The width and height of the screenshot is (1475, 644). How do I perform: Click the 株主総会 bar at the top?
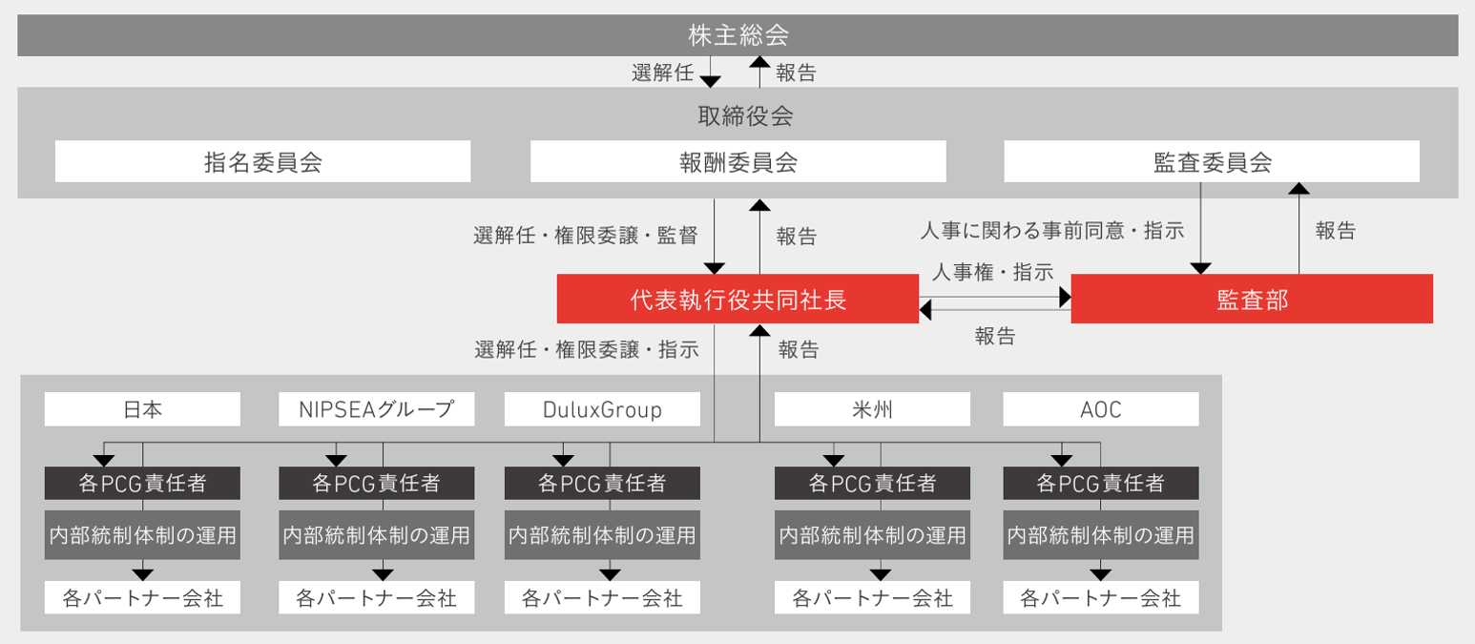click(x=737, y=35)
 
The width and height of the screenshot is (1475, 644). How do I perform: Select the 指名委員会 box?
click(x=262, y=161)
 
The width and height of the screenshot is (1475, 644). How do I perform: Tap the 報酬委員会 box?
click(x=738, y=161)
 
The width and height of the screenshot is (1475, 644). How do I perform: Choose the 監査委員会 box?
click(x=1212, y=161)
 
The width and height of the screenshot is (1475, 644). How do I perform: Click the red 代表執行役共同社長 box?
click(x=737, y=299)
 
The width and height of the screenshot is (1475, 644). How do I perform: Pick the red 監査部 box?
click(x=1252, y=299)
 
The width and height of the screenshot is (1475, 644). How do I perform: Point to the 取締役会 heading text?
click(x=745, y=115)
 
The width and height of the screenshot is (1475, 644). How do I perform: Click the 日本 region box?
click(x=142, y=409)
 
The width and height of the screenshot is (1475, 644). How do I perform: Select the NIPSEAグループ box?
click(x=377, y=409)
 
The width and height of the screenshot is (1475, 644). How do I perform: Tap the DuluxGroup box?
click(x=602, y=409)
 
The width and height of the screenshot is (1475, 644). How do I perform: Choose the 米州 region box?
click(x=872, y=409)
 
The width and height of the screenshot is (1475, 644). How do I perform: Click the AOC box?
click(x=1101, y=409)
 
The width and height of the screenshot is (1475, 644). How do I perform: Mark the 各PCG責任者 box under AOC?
click(x=1101, y=484)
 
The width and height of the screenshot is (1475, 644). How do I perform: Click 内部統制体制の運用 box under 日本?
click(x=142, y=535)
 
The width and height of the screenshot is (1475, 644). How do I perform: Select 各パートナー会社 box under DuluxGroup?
click(x=602, y=598)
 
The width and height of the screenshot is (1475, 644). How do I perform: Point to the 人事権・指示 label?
click(x=992, y=272)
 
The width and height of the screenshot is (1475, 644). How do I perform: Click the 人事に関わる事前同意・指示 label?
click(x=1052, y=231)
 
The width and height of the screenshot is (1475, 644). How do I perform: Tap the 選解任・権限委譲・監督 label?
click(x=586, y=235)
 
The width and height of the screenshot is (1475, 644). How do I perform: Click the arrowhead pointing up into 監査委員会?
click(x=1298, y=188)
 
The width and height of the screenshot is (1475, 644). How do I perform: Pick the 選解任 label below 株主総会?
click(x=662, y=73)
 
